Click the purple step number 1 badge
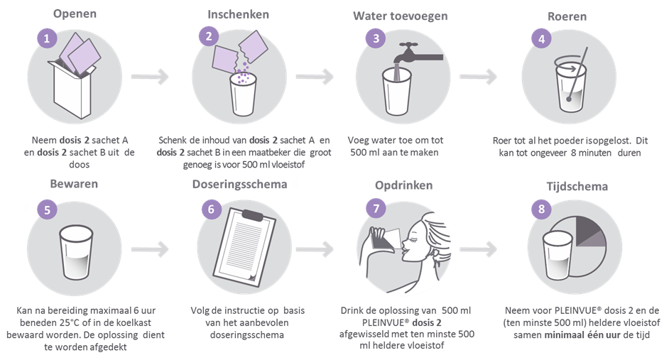coord(46,38)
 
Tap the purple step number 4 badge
coord(542,39)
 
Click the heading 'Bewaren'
coord(74,184)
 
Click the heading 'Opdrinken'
coord(403,185)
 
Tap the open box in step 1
coord(71,89)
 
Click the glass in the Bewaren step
coord(76,252)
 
